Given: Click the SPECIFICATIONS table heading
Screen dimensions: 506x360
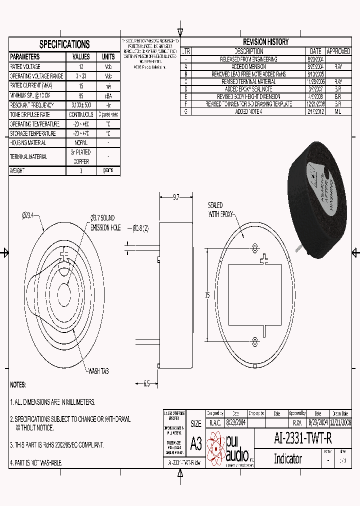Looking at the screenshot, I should [64, 44].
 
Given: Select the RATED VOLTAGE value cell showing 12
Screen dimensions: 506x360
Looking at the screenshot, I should [81, 66].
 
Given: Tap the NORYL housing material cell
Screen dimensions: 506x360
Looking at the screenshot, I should [81, 143].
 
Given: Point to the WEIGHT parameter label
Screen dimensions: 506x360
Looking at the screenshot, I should [17, 170].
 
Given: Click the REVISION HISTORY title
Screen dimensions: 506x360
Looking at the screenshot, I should [265, 42].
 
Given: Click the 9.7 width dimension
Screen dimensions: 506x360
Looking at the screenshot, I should [176, 198].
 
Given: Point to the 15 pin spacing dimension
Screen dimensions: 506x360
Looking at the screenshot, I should [207, 295].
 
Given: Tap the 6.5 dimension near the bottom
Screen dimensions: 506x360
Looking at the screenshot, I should [146, 383].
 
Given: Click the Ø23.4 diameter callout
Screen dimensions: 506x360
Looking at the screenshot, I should [27, 215].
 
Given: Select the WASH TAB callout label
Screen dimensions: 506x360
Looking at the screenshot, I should [98, 371].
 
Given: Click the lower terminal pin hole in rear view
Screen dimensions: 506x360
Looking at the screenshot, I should [255, 341].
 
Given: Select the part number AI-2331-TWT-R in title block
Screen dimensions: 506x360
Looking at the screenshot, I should [303, 438].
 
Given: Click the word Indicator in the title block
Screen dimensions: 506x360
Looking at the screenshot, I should [287, 458].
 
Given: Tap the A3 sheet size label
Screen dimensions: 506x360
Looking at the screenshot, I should [195, 443].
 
